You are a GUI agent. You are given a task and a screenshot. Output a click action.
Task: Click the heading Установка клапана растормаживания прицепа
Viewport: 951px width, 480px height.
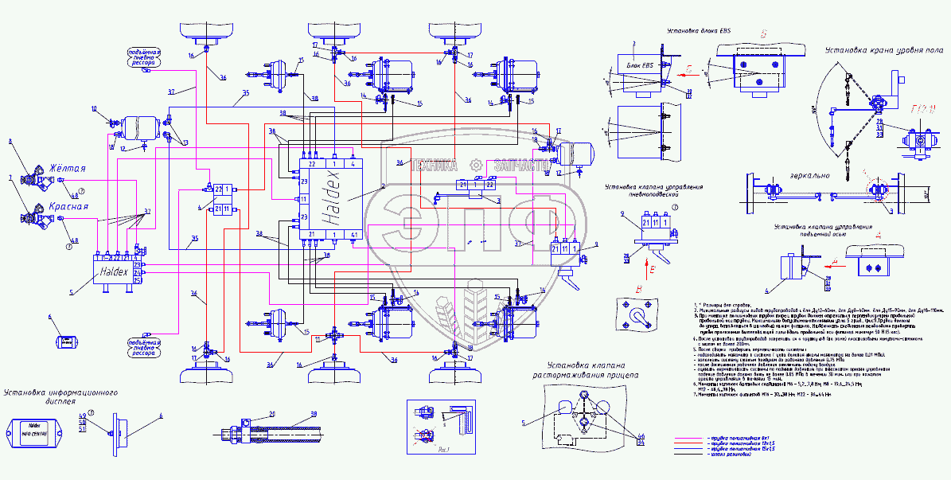pyautogui.click(x=588, y=370)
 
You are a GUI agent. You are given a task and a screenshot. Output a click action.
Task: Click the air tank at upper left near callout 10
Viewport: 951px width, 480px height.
pyautogui.click(x=143, y=127)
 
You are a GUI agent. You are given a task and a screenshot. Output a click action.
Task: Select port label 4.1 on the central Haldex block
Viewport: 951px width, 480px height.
pyautogui.click(x=354, y=234)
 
